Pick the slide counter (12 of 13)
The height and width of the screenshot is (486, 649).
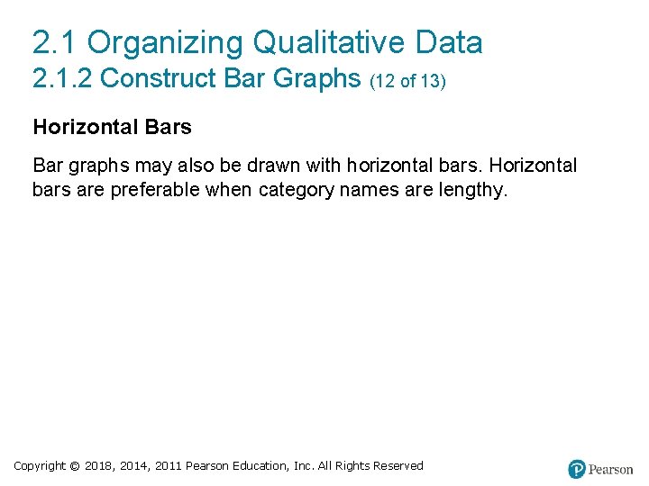click(407, 81)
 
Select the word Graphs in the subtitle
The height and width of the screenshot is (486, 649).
click(317, 79)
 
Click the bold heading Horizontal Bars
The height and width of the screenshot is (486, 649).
click(112, 127)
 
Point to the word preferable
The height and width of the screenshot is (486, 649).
click(156, 190)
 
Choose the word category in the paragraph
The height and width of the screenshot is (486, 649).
click(296, 190)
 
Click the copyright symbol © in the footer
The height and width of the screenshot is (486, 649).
click(75, 465)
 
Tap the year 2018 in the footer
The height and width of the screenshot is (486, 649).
click(98, 465)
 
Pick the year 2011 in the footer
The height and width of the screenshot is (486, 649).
click(168, 465)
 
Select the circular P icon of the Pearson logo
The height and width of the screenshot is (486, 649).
click(577, 469)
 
